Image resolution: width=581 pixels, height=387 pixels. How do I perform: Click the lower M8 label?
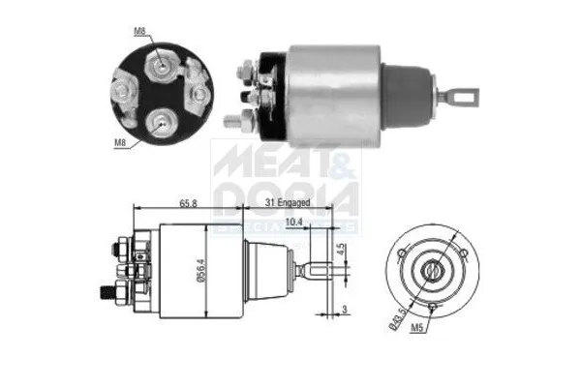(x=121, y=142)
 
